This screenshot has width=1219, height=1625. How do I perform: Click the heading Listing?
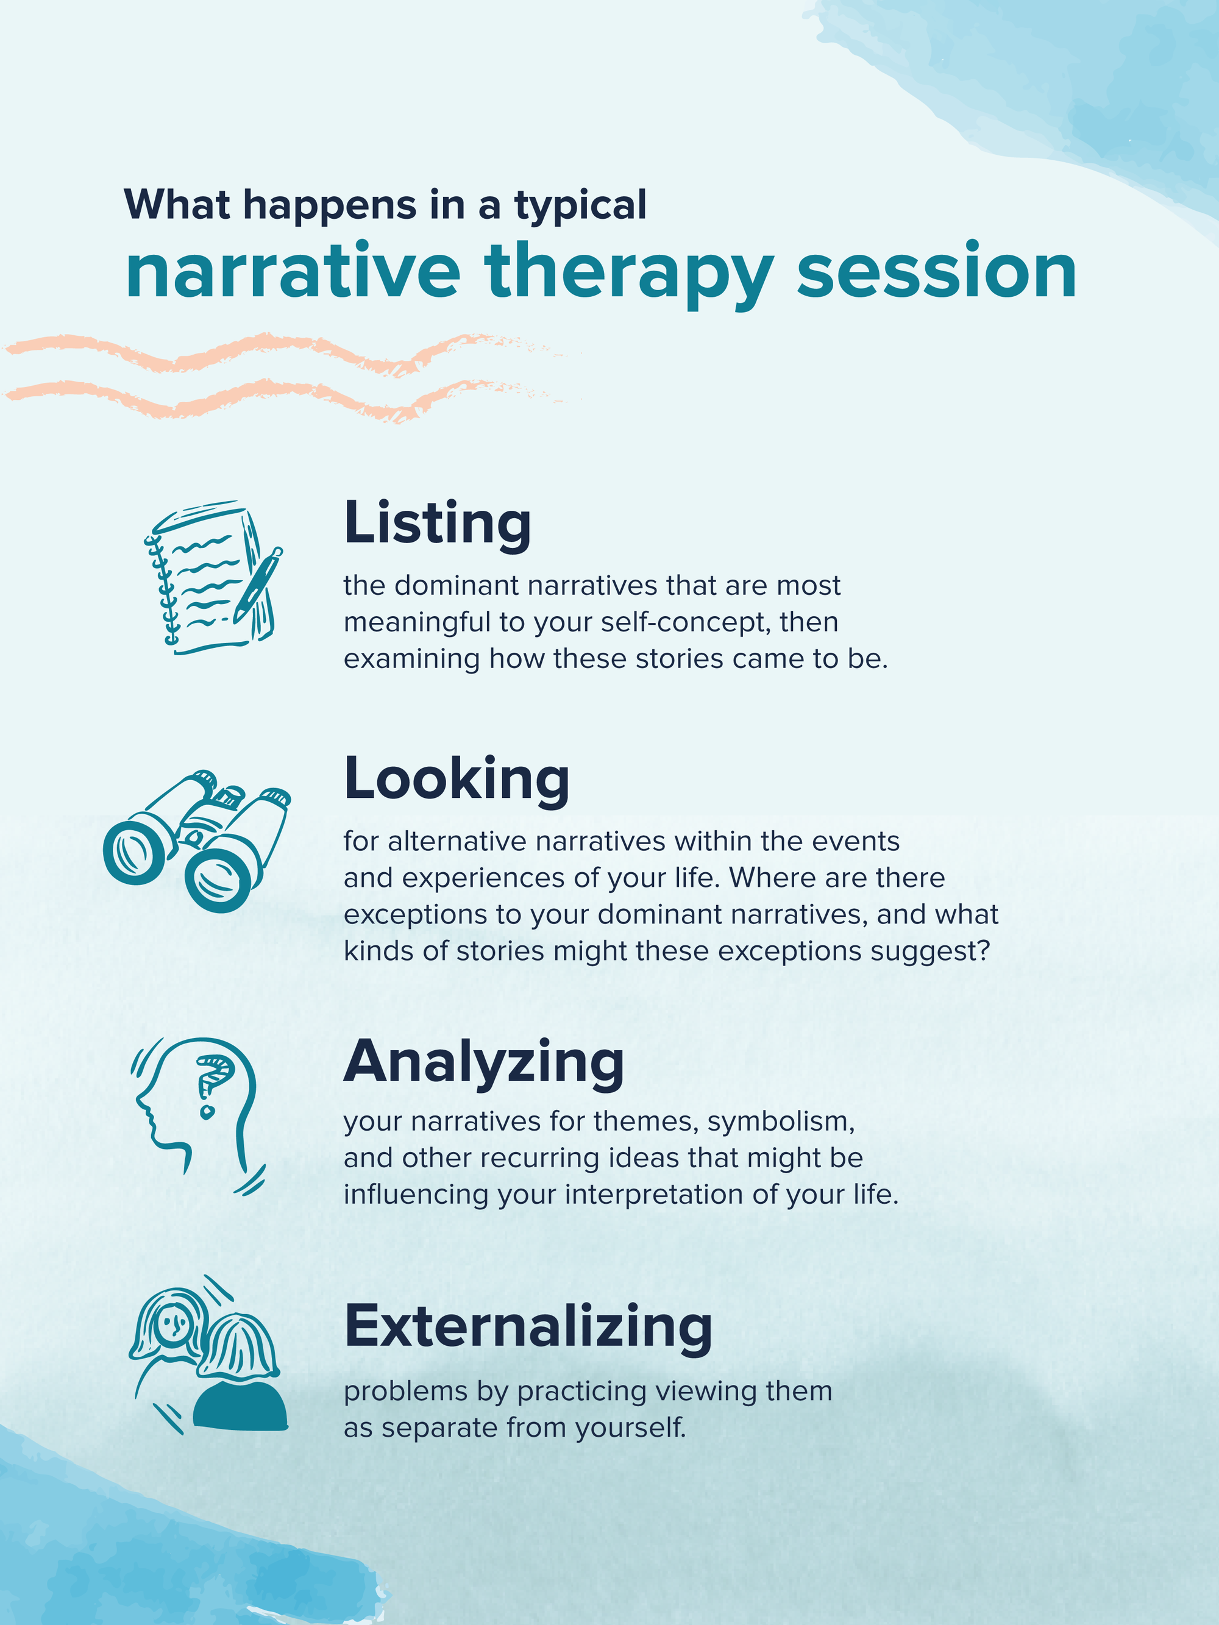point(436,523)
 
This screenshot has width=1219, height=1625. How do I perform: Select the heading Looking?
point(457,779)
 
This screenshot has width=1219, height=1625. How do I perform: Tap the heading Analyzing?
point(483,1062)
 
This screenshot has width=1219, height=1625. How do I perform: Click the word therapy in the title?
point(628,273)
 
